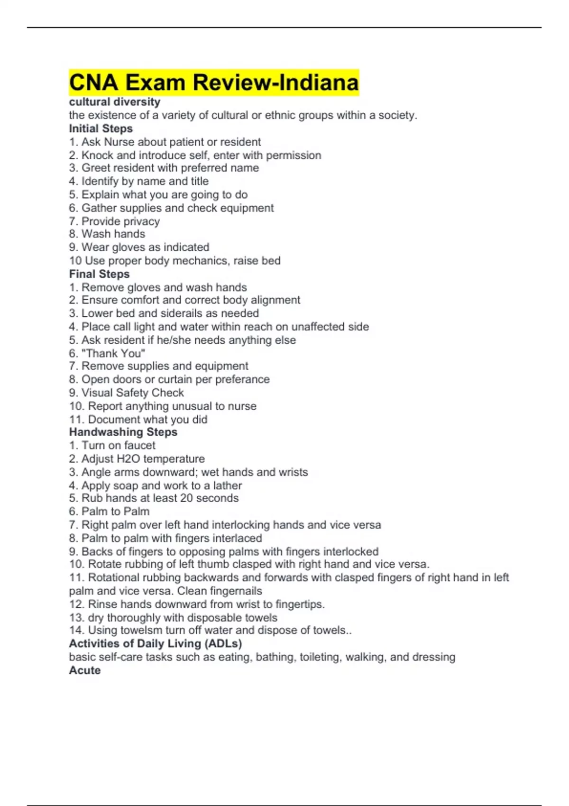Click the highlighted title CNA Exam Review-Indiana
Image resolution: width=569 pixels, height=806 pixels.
(214, 82)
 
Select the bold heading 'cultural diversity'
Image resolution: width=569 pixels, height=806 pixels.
(114, 102)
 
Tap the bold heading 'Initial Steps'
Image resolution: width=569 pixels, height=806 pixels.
(101, 128)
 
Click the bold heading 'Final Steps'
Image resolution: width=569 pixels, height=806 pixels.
(99, 274)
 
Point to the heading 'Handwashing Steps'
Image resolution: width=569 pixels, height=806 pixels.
(123, 432)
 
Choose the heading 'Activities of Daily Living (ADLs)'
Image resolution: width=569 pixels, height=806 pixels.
(155, 643)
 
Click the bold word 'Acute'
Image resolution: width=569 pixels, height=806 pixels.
(84, 670)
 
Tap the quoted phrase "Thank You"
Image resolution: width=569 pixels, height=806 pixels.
(114, 353)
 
